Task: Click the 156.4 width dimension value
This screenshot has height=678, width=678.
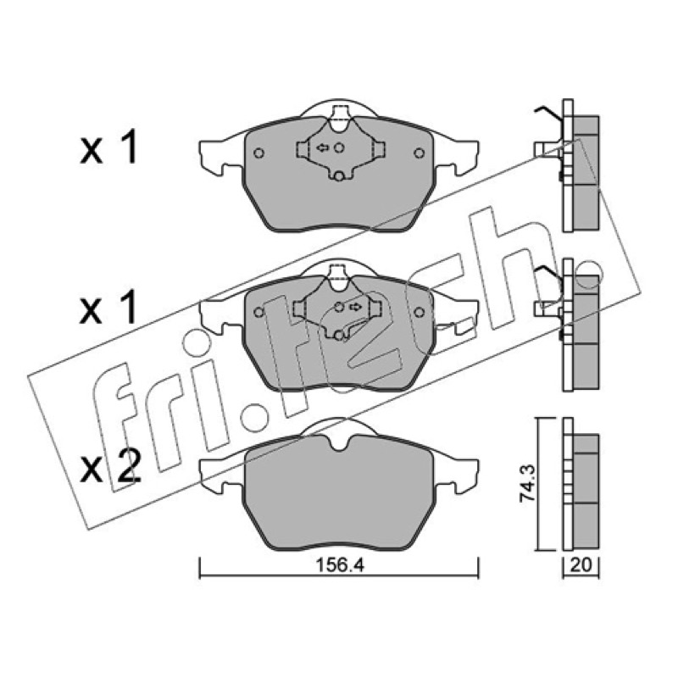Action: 340,565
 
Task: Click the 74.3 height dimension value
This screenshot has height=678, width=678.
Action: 527,483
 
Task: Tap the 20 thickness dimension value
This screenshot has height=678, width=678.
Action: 581,565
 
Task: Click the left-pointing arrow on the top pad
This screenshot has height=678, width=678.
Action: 323,147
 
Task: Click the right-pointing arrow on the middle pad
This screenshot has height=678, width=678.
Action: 356,307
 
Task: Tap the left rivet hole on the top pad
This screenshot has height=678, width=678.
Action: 259,153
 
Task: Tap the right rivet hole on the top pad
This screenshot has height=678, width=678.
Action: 419,153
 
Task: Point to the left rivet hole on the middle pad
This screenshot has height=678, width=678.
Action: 259,312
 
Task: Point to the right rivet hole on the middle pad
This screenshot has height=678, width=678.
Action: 419,312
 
